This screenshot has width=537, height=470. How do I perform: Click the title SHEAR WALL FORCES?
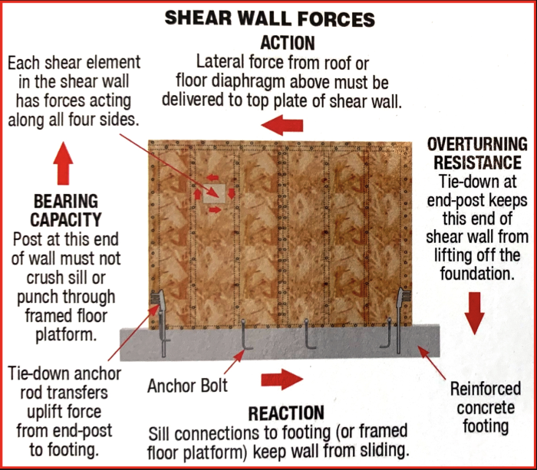click(269, 18)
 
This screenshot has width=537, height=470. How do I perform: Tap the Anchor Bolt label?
click(188, 386)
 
